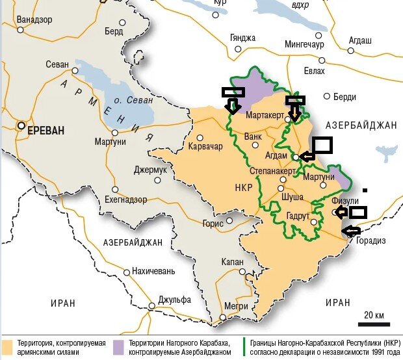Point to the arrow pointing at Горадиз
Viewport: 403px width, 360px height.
(x=350, y=229)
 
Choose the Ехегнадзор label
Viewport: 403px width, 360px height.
(x=139, y=199)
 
